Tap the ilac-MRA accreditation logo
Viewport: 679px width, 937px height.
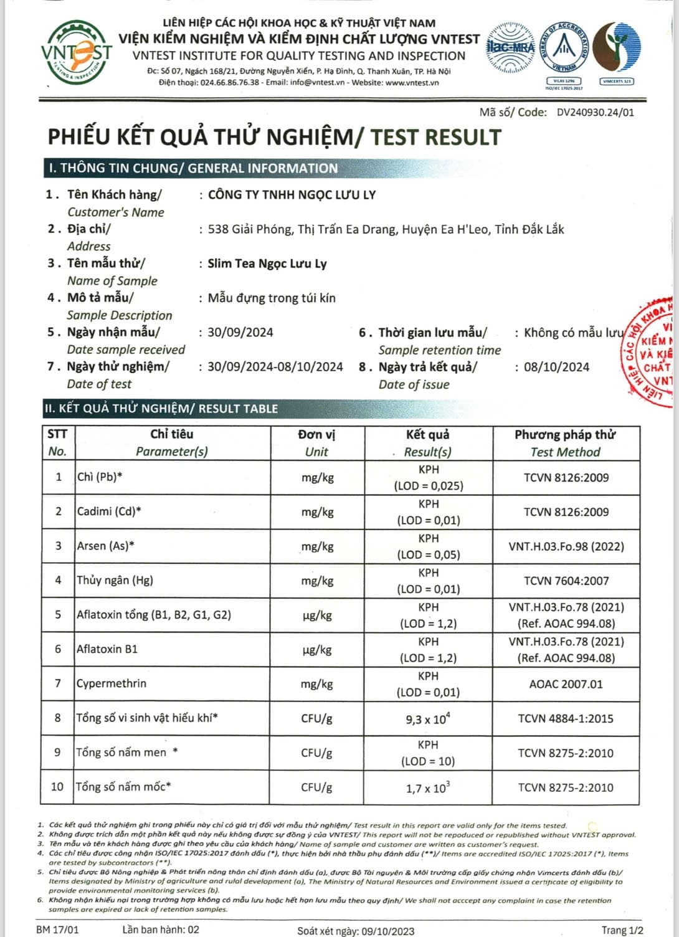click(510, 47)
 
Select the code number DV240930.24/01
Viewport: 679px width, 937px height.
click(595, 113)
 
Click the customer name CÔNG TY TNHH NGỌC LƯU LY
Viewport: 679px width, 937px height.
click(292, 195)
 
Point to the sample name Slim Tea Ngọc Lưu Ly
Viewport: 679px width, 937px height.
click(267, 264)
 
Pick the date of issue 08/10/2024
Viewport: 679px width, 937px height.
click(556, 367)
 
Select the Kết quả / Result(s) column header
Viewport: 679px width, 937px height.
click(428, 443)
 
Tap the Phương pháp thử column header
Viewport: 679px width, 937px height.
click(565, 443)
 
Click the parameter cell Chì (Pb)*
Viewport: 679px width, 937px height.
click(100, 477)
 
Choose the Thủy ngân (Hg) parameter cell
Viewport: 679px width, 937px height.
click(115, 580)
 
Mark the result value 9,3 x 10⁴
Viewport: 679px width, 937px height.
click(428, 719)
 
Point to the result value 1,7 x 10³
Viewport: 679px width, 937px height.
click(427, 788)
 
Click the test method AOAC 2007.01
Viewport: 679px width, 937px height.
click(566, 684)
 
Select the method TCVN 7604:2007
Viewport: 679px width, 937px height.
click(566, 581)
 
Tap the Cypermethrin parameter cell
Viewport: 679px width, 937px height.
click(112, 683)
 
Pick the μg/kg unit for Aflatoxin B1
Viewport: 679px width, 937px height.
click(316, 650)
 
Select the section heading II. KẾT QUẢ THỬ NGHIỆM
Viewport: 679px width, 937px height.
click(161, 409)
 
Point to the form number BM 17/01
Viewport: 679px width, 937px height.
click(58, 930)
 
